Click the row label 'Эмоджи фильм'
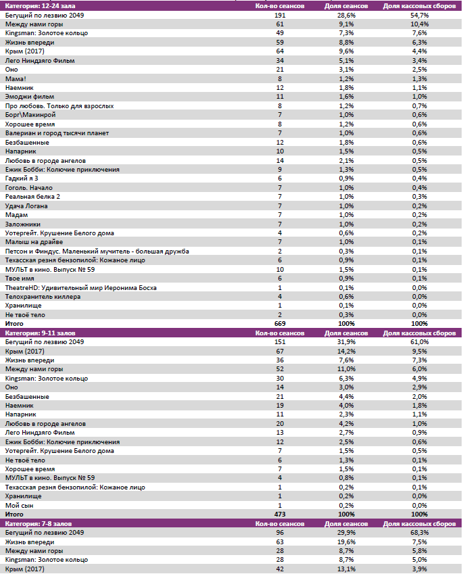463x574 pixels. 25,97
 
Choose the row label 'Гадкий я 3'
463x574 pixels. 22,178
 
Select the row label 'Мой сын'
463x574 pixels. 18,505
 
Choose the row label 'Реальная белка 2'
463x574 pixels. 32,196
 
